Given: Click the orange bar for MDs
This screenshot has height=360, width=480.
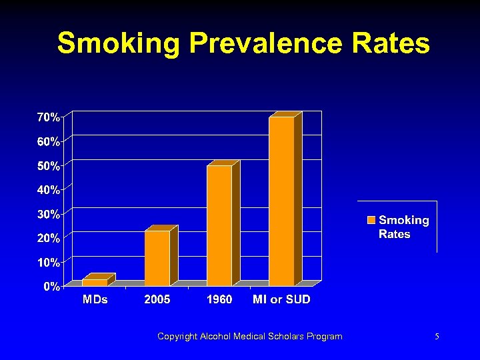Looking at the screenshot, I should click(95, 282).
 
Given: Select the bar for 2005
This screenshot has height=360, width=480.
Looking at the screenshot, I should click(157, 258).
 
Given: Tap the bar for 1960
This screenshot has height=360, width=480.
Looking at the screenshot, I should click(219, 225).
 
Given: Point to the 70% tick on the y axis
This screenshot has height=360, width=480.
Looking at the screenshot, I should click(49, 117).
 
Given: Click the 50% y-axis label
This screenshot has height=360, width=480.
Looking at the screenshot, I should click(49, 165).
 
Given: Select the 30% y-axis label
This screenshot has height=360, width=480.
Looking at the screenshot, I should click(49, 214).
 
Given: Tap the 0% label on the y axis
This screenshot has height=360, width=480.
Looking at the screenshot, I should click(51, 287).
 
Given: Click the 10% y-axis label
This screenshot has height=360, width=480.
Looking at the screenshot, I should click(49, 262).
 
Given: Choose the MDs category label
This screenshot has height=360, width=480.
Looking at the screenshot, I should click(95, 300).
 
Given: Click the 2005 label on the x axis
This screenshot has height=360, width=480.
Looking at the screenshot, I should click(157, 300).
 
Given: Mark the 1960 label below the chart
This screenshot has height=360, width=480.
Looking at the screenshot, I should click(219, 300).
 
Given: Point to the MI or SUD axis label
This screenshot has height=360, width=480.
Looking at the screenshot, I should click(281, 300).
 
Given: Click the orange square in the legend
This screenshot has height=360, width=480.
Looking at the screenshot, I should click(371, 220).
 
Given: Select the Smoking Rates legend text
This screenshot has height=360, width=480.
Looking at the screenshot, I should click(404, 227).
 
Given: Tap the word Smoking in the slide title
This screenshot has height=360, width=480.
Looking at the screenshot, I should click(118, 44).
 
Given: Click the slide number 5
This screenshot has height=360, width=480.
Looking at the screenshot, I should click(436, 337).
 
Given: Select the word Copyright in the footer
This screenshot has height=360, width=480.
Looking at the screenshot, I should click(177, 337).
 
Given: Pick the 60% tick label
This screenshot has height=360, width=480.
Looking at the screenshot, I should click(49, 141).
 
